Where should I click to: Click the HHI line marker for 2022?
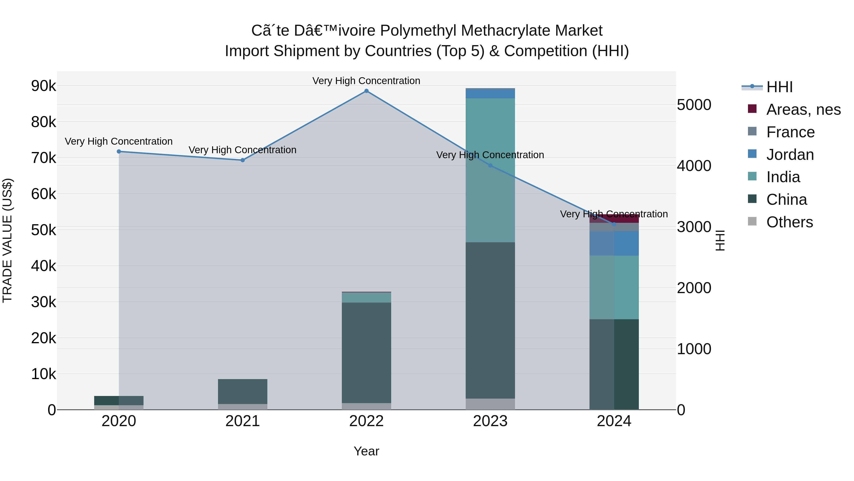[x=366, y=91]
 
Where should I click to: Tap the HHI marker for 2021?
[x=243, y=160]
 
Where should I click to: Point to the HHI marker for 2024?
[x=614, y=224]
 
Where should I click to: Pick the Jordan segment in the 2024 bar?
[x=614, y=243]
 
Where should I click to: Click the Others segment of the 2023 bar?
[x=490, y=404]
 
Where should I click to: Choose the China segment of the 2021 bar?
[x=243, y=391]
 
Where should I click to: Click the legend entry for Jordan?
[x=790, y=155]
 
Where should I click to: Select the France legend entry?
[x=790, y=132]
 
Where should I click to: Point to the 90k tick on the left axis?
[x=43, y=86]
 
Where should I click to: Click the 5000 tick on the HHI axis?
[x=694, y=105]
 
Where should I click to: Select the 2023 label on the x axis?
[x=490, y=421]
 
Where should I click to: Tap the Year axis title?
[x=366, y=451]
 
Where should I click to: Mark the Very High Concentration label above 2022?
[x=366, y=81]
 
